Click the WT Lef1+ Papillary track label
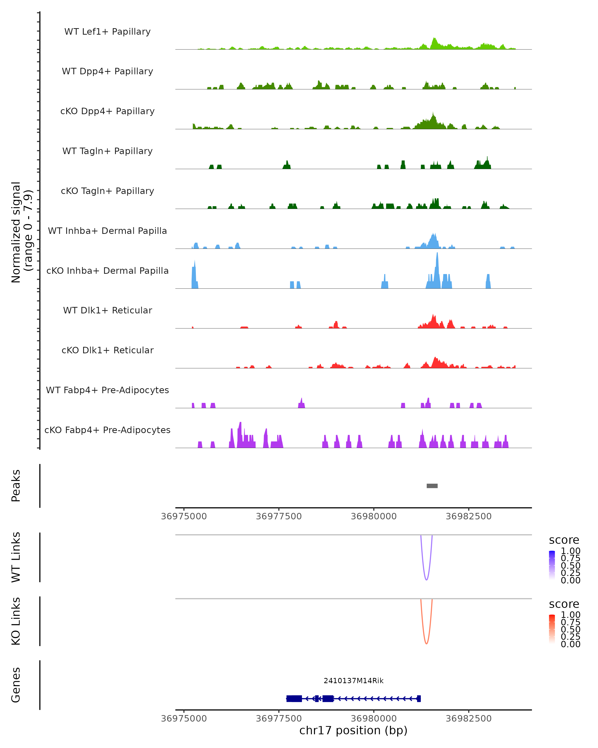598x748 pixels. (107, 32)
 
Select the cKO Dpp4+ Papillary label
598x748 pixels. (107, 111)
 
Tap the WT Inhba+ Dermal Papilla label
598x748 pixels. (107, 231)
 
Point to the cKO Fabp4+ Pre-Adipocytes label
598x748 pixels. (107, 430)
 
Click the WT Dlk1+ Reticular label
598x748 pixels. (107, 310)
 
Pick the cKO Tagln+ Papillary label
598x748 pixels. (107, 191)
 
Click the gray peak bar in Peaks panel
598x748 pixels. (432, 486)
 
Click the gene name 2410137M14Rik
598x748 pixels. (354, 681)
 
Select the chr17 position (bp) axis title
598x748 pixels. (353, 730)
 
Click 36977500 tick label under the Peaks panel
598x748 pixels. (279, 516)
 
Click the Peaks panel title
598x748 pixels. (16, 486)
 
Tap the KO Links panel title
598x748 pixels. (16, 621)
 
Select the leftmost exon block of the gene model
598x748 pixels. (294, 698)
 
